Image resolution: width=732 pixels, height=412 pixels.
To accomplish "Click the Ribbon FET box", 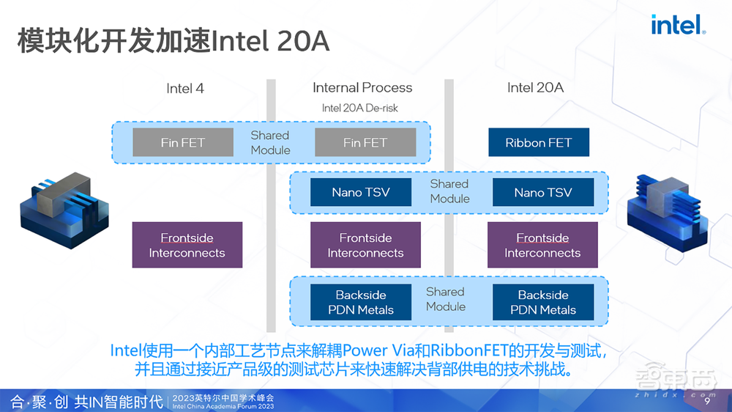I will (x=539, y=142).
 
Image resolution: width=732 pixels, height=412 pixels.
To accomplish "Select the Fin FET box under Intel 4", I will (x=183, y=142).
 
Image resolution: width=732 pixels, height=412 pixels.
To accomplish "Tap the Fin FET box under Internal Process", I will (x=365, y=142).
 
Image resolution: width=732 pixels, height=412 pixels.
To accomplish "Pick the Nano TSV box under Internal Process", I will (x=361, y=192).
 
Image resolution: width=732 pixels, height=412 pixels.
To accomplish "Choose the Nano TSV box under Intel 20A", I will (x=543, y=192).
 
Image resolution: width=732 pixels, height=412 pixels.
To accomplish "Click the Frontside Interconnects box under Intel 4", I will (x=187, y=245).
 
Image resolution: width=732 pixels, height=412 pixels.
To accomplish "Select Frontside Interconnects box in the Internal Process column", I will (x=365, y=245).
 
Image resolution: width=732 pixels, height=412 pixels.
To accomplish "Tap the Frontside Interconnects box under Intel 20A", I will (x=542, y=245).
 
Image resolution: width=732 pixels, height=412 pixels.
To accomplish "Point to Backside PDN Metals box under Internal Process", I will (x=361, y=302).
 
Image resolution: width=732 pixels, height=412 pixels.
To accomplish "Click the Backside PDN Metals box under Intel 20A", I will (x=543, y=302).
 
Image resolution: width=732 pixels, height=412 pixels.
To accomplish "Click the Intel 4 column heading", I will (x=185, y=89).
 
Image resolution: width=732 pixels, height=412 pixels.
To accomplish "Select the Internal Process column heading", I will (x=362, y=88).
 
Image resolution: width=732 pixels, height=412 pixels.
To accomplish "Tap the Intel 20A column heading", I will (x=535, y=88).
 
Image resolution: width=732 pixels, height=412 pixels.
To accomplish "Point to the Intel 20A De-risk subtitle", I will (x=360, y=108).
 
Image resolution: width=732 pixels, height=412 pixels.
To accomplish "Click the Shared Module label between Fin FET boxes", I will (x=270, y=142).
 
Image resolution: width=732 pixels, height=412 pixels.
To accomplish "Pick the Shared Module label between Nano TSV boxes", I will (x=449, y=191).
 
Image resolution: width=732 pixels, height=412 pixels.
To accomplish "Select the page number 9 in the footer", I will (x=707, y=402).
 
